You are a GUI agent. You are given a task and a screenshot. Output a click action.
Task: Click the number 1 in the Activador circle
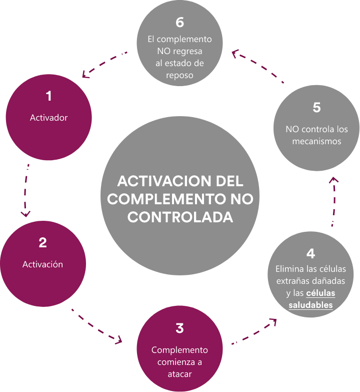[48, 96]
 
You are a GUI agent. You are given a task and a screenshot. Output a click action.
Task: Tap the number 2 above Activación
[42, 243]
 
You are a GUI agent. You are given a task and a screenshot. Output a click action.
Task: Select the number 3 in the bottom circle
[179, 328]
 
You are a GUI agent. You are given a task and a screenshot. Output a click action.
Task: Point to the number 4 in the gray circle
[310, 253]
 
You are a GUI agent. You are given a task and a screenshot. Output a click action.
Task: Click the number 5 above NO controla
[316, 108]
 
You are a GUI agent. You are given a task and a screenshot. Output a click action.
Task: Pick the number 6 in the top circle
[180, 23]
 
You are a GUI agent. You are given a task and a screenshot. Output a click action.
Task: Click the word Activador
[48, 118]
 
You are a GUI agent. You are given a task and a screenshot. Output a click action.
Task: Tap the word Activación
[42, 264]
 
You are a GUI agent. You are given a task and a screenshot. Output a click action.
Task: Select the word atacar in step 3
[179, 374]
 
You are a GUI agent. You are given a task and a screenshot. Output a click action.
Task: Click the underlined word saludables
[310, 305]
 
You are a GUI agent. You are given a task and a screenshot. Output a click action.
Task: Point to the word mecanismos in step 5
[316, 141]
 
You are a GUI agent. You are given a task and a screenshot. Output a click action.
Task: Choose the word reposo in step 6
[179, 75]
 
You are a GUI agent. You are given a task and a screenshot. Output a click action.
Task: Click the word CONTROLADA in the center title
[180, 217]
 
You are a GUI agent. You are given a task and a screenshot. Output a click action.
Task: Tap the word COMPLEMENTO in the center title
[160, 199]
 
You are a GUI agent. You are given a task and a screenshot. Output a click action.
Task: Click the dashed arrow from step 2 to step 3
[97, 326]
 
